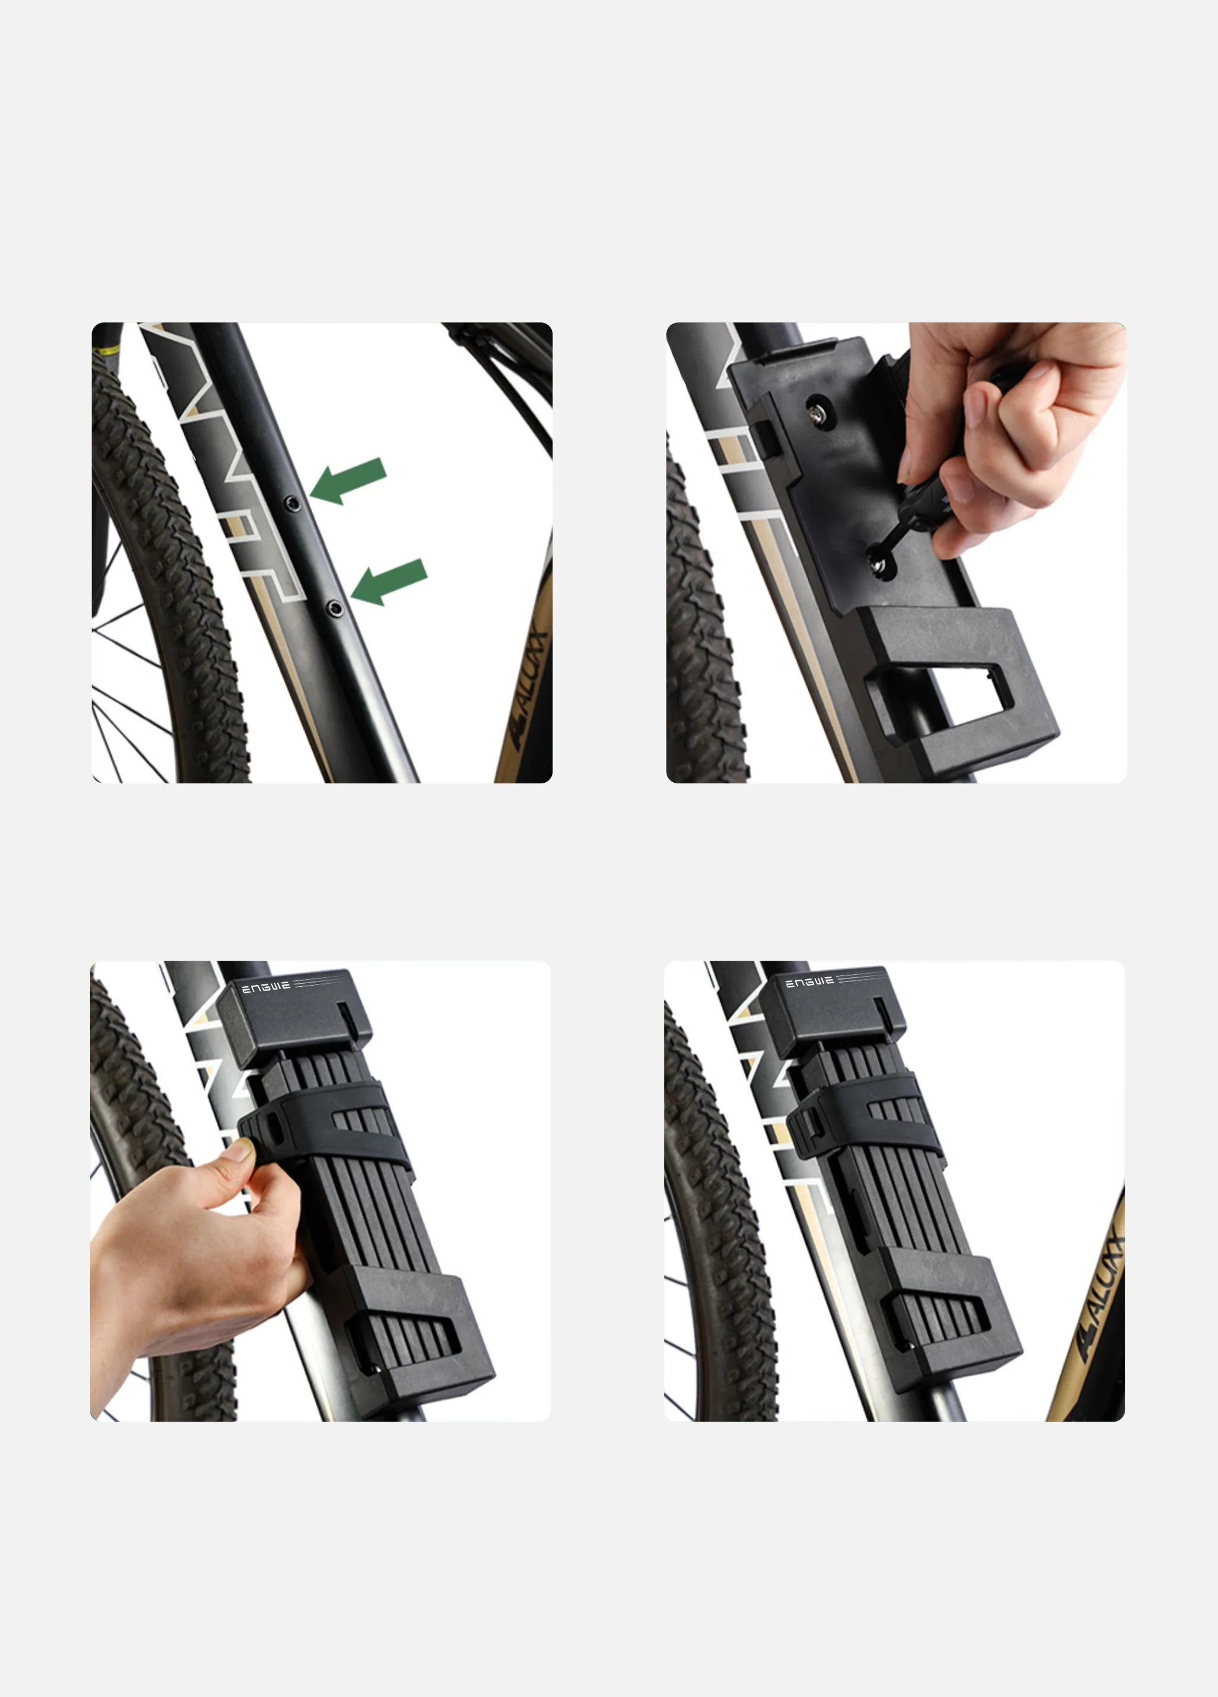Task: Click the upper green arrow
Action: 349,481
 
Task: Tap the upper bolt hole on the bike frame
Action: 294,504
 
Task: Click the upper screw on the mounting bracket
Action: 815,411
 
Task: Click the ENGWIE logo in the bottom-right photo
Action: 809,981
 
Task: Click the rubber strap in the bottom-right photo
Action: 868,1119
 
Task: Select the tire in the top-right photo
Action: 704,636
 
